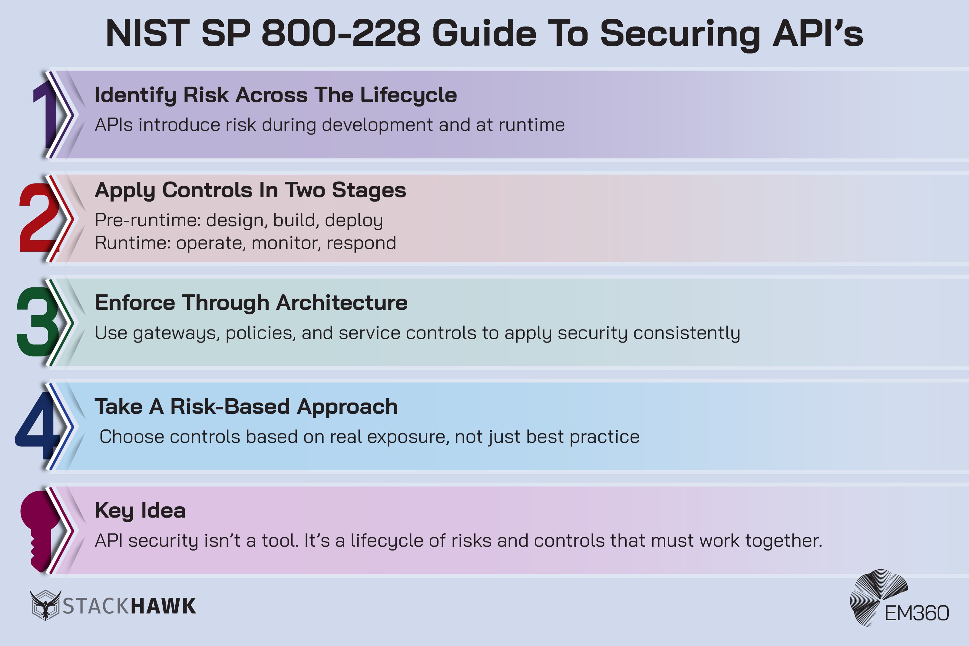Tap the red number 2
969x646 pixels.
click(x=39, y=217)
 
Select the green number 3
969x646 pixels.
click(x=38, y=321)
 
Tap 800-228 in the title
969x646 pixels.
click(x=341, y=34)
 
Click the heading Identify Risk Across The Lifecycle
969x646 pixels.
click(x=276, y=95)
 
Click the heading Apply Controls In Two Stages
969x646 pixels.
click(x=250, y=190)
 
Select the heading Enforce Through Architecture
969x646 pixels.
click(x=251, y=303)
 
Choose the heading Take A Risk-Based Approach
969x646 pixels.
click(x=246, y=407)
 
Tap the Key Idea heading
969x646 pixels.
click(x=140, y=510)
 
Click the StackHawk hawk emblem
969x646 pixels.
click(x=45, y=605)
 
